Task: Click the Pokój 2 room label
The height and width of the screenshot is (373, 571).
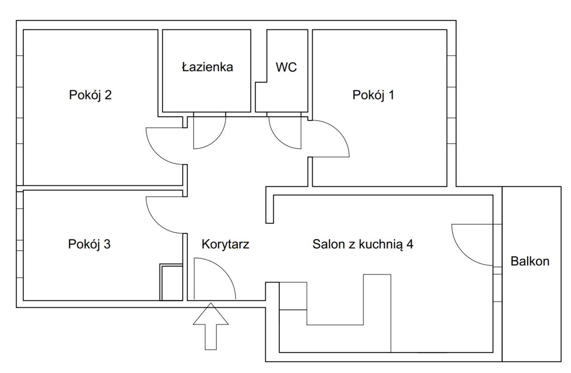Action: click(90, 95)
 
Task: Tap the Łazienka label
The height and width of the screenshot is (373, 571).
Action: click(207, 67)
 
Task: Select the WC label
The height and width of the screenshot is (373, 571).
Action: click(286, 67)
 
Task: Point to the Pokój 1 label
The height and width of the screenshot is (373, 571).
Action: click(373, 95)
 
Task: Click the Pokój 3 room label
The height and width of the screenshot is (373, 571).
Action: click(89, 244)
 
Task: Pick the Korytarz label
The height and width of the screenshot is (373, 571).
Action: click(225, 244)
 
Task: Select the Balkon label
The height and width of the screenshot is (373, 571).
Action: click(530, 261)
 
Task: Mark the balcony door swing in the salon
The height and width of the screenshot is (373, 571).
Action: click(473, 244)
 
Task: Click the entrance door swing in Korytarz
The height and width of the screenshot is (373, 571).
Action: click(213, 279)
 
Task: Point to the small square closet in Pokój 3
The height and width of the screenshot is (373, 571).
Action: click(171, 283)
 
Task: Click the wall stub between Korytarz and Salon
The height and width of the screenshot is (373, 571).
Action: click(269, 205)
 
